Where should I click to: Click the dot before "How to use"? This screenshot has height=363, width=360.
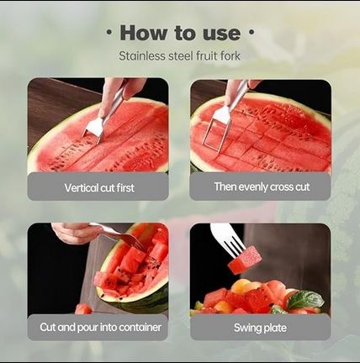pos(109,34)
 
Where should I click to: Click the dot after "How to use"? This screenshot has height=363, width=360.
pos(251,34)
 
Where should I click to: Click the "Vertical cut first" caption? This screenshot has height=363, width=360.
pos(98,187)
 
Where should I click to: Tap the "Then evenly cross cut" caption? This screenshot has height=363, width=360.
pos(261,187)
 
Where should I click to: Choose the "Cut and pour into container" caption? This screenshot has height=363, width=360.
pos(98,327)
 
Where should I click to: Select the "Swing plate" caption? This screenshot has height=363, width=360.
pos(261,327)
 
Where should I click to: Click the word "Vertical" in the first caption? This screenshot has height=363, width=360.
pos(80,187)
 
